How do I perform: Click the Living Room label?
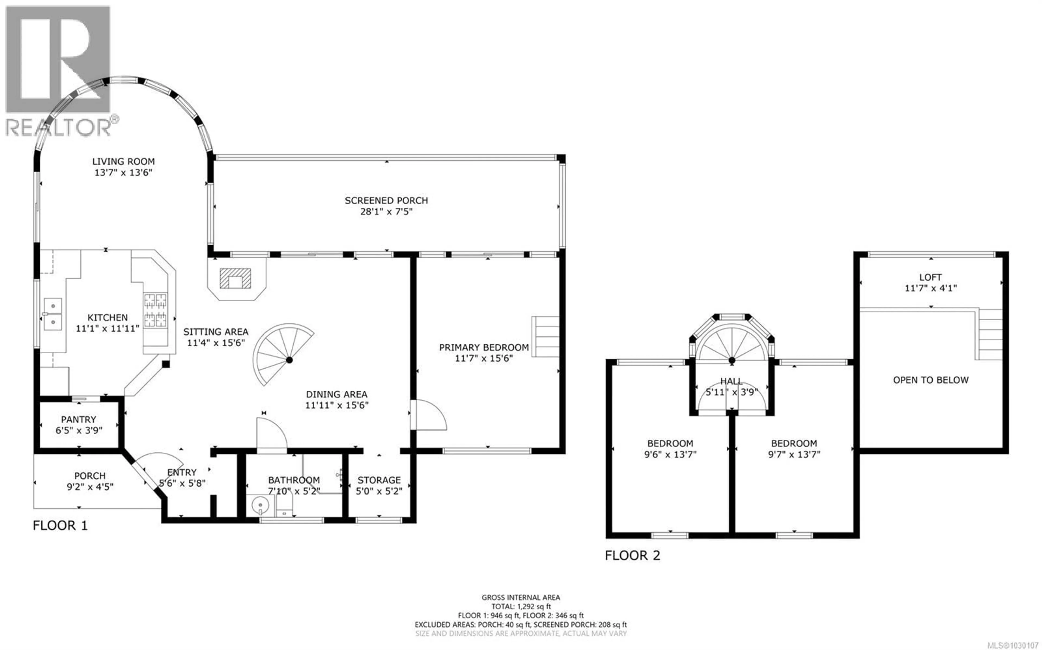click(x=123, y=162)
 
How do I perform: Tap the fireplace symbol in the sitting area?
click(x=235, y=278)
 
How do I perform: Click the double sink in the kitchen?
click(x=53, y=314)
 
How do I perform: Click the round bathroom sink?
click(x=260, y=506)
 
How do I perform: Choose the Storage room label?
click(x=379, y=480)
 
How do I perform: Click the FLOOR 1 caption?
click(x=60, y=525)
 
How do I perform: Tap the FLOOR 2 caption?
click(x=632, y=556)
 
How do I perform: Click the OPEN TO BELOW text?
click(x=931, y=380)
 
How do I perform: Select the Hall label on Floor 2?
click(x=731, y=381)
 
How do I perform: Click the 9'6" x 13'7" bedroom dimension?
click(x=670, y=454)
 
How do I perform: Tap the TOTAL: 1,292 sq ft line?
click(x=521, y=607)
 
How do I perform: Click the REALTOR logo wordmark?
click(x=58, y=128)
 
